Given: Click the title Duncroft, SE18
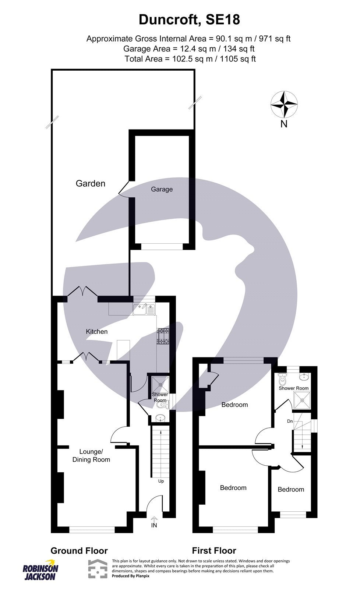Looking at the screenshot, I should point(189,20).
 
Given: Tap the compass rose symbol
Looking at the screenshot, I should point(284,105).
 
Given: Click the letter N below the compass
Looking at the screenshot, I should point(284,124).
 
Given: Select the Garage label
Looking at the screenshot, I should point(162,189).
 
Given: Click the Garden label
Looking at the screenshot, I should point(90,183).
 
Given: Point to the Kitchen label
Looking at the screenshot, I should point(97,332).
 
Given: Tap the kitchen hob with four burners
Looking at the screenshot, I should point(163,336).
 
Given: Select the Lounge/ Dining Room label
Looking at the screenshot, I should point(91,455).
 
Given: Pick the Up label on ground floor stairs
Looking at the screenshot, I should point(161,481).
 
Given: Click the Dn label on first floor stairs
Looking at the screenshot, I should point(290,421).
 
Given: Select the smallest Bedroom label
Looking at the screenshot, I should point(291,489).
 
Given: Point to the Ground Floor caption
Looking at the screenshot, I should point(79,551).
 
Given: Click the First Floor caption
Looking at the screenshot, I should point(214,551).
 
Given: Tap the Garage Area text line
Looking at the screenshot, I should point(189,49).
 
